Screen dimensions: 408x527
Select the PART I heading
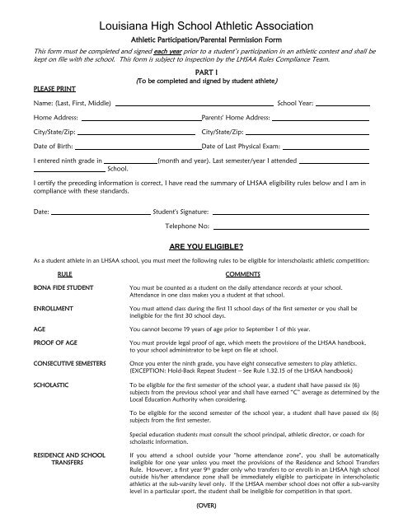pos(204,72)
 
